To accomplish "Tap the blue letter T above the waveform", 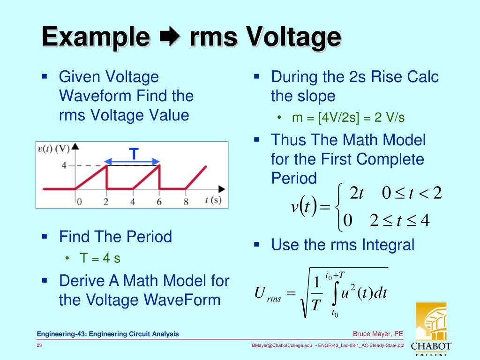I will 134,154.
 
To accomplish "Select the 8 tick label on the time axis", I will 186,202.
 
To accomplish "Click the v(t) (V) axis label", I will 53,149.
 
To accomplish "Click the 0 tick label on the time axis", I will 79,202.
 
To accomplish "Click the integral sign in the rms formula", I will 335,293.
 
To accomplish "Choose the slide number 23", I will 40,345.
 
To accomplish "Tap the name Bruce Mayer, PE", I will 378,334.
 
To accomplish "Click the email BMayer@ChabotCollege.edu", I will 282,345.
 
